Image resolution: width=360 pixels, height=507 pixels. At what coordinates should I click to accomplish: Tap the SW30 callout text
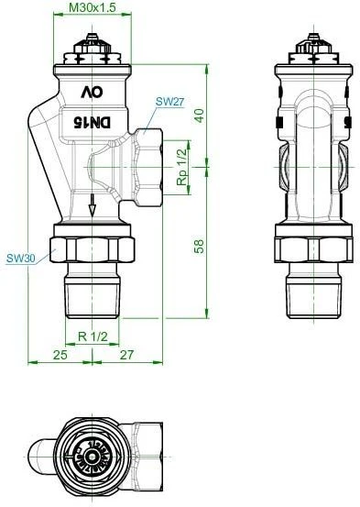(x=21, y=258)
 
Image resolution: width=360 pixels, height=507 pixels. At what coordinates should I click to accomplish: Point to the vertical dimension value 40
(x=199, y=115)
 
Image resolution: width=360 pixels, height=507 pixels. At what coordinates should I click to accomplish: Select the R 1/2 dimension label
(x=93, y=336)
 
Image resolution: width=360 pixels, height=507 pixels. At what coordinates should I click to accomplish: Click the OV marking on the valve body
(x=92, y=91)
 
